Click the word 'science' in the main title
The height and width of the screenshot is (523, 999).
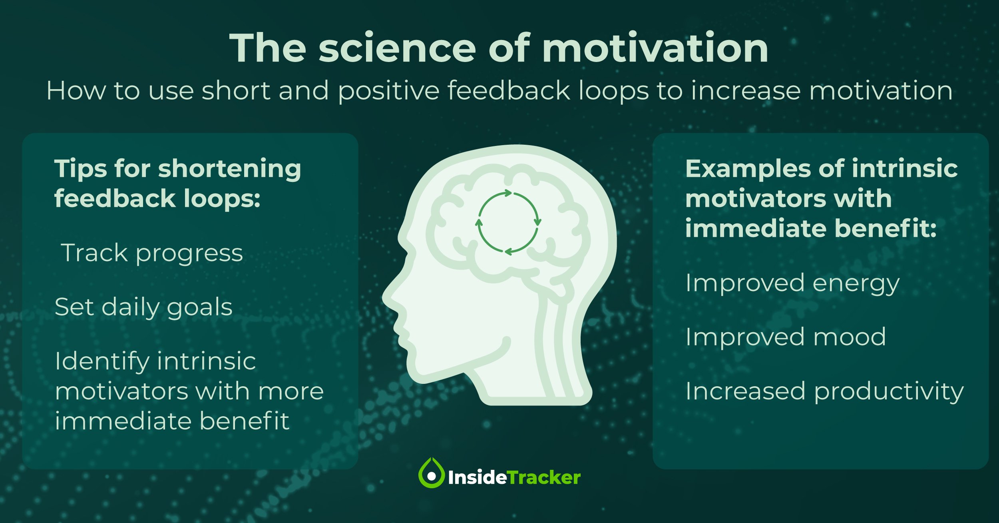coord(397,48)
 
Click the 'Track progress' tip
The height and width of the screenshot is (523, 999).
coord(152,254)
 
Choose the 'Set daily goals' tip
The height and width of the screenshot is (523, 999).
coord(143,307)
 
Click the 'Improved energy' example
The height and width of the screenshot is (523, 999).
coord(792,283)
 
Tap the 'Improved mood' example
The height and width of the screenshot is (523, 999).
coord(786,337)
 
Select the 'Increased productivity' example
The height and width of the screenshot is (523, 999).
coord(825,391)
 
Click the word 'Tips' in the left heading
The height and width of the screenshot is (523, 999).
coord(80,169)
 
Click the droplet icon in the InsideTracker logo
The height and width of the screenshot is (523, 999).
coord(431,473)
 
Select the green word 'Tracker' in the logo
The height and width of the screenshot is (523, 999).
coord(544,477)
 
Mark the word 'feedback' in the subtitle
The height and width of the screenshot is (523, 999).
coord(509,90)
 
